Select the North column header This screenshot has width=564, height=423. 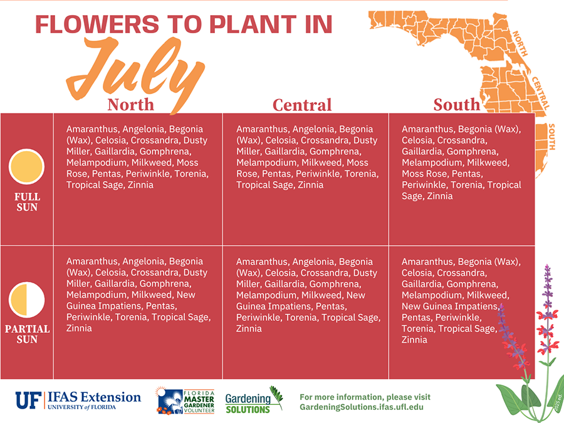click(x=130, y=105)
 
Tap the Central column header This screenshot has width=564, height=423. click(x=302, y=105)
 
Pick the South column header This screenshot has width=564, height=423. click(x=456, y=105)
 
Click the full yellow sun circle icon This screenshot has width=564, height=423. click(x=26, y=167)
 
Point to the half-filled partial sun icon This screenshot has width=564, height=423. click(x=26, y=300)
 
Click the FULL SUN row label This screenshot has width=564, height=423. click(x=27, y=202)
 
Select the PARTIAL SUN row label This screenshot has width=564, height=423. click(x=27, y=334)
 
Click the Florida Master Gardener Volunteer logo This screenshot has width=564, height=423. click(x=185, y=400)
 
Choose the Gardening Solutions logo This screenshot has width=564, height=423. click(x=254, y=400)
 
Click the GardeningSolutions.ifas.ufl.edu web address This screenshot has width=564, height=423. click(x=362, y=407)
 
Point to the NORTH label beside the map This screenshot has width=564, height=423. click(x=520, y=43)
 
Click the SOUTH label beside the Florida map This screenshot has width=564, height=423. click(x=551, y=137)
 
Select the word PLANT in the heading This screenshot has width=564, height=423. click(x=253, y=24)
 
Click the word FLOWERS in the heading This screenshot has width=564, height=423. click(x=97, y=24)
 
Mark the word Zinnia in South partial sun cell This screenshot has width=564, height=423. click(x=414, y=340)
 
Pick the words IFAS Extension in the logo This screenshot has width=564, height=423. click(x=94, y=397)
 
